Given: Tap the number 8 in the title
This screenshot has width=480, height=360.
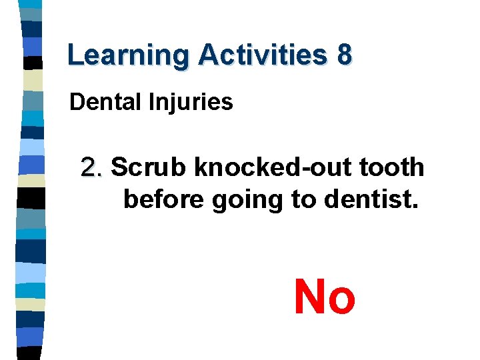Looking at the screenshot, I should pos(344,55).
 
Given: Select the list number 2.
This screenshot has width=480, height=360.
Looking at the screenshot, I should pos(91,167).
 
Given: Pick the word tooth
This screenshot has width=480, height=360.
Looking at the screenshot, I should pos(393,167).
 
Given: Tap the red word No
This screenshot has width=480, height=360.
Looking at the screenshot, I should pos(325,297).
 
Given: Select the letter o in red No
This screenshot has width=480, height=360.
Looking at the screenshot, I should pos(342,301).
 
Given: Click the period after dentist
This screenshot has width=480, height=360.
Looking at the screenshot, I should pos(415,207).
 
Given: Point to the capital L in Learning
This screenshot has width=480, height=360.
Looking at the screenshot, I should pos(75,55).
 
